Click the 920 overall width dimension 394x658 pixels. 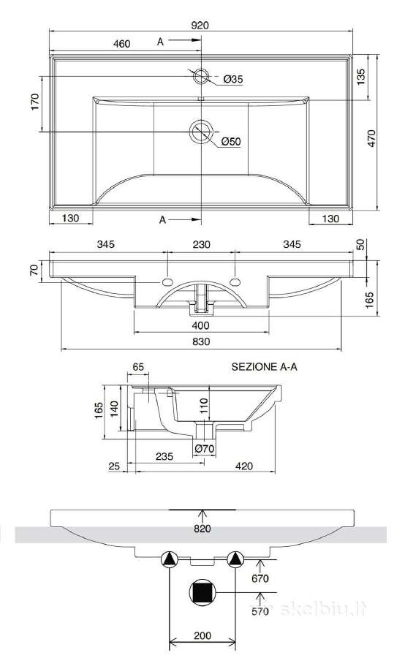tap(200, 25)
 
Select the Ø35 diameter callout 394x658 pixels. tap(233, 79)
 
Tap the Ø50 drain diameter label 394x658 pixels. tap(231, 141)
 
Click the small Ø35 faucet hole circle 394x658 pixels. tap(201, 76)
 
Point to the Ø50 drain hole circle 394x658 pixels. tap(202, 132)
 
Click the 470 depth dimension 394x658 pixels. tap(371, 138)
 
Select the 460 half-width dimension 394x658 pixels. tap(121, 44)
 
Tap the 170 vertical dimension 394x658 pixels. tap(35, 102)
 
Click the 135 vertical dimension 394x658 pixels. tap(361, 77)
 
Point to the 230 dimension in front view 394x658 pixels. tap(202, 244)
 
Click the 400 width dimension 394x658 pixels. tap(201, 325)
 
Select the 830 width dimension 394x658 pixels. tap(202, 341)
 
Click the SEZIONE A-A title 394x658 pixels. tap(265, 366)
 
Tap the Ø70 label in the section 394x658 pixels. tap(205, 449)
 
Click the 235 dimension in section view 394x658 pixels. tap(164, 456)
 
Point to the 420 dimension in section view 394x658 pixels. tap(244, 466)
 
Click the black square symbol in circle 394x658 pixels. tap(202, 592)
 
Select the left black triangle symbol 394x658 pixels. tap(169, 559)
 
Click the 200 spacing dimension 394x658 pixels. tap(202, 636)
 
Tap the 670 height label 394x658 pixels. tap(260, 579)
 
